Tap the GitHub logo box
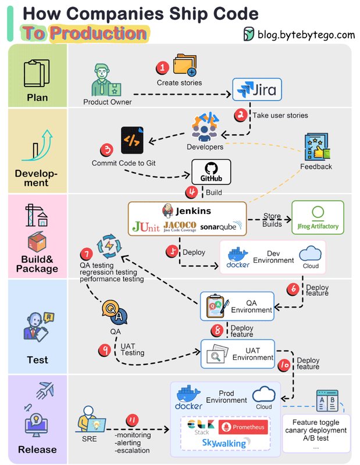point(211,173)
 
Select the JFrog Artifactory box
point(317,218)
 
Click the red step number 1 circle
point(163,68)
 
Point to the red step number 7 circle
point(86,254)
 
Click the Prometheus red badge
point(243,428)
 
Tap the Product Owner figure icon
point(107,81)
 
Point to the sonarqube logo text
point(218,226)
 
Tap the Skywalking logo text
point(223,443)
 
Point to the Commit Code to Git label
point(123,163)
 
